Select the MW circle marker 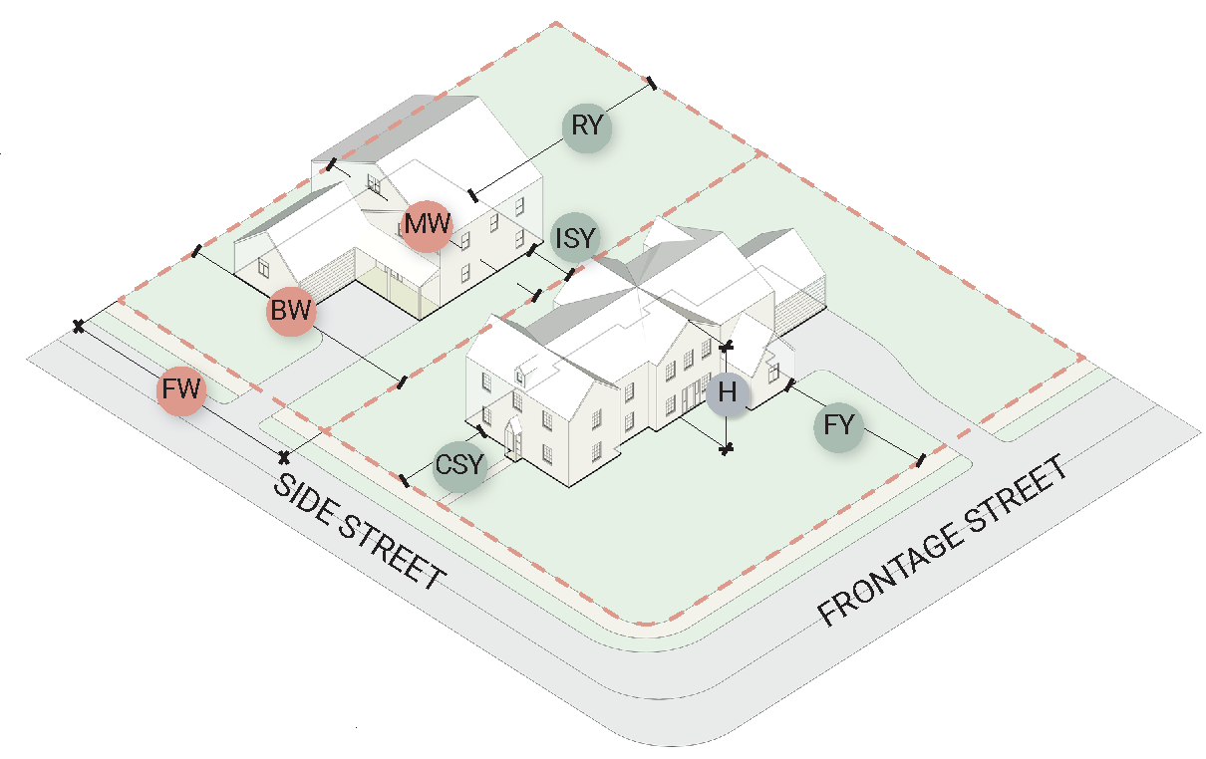428,223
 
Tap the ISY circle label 576,237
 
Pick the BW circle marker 291,310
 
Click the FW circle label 182,390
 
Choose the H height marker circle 727,394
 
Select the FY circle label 840,427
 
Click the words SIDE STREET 359,532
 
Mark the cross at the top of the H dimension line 728,346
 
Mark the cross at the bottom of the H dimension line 728,449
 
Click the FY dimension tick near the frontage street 920,460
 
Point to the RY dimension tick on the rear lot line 652,85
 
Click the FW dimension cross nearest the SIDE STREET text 284,457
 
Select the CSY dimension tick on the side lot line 404,480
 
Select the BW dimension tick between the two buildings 402,382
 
